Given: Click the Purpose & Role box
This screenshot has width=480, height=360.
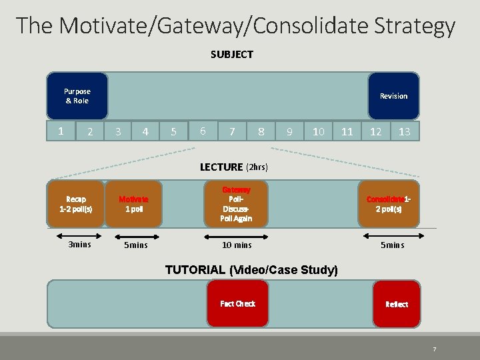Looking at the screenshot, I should coord(77,96).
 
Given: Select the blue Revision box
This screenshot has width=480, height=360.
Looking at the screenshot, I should coord(393,96).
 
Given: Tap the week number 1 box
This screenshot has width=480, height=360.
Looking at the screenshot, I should coord(61,131).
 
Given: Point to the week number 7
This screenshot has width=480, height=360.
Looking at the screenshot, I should coord(231,132).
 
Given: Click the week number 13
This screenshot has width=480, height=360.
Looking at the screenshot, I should coord(404,132).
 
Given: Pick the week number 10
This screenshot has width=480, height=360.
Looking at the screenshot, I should coord(319,132).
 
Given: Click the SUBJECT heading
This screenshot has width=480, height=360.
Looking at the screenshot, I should coord(232,55).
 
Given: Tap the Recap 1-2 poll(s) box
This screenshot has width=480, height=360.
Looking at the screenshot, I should coord(76,203).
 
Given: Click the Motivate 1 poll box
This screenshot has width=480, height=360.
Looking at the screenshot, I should coord(133,203).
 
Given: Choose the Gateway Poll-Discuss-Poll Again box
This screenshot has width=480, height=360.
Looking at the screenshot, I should coord(236,203).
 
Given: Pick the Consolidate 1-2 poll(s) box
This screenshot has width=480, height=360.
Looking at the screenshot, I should coord(389,203).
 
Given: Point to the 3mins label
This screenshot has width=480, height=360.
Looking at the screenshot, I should coord(80,245).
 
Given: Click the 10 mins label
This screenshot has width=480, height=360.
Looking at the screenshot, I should coord(237,245).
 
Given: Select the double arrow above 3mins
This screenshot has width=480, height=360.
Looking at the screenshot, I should coord(75,234).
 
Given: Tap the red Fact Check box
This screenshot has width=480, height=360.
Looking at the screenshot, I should coord(237,303).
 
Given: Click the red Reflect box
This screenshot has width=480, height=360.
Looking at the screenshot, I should coord(396,303).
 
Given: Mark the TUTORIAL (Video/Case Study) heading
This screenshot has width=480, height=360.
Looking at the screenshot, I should coord(251,270).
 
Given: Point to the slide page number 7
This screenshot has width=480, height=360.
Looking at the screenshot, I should coord(434,349).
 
